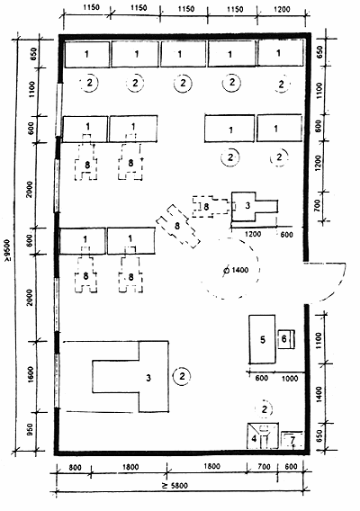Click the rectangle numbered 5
click(x=262, y=339)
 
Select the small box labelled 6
click(x=286, y=339)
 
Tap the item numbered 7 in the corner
click(x=292, y=440)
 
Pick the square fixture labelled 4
click(x=263, y=435)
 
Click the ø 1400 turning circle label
click(x=236, y=270)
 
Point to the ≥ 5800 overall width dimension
click(x=175, y=486)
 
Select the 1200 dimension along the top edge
click(x=282, y=9)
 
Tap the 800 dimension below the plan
click(x=75, y=468)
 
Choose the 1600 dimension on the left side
click(x=31, y=374)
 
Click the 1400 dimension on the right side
click(x=319, y=394)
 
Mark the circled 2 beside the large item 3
click(x=182, y=376)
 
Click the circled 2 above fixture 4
click(x=265, y=409)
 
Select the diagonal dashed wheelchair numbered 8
click(x=177, y=226)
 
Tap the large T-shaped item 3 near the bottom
click(x=148, y=377)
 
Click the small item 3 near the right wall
click(x=247, y=206)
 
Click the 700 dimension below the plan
click(x=264, y=467)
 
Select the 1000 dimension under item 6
click(x=290, y=379)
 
